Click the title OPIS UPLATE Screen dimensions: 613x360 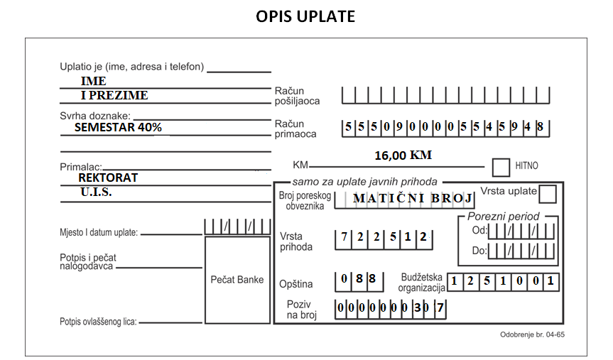coord(305,16)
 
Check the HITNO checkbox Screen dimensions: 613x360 coord(501,168)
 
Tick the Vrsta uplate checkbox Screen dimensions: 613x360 coord(548,194)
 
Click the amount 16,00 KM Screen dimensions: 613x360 coord(403,156)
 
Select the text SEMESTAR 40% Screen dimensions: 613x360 coord(118,127)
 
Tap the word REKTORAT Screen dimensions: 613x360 coord(108,178)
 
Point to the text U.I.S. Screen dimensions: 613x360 coord(96,192)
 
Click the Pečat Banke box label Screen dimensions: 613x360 coord(237,280)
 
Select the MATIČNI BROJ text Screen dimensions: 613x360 coord(413,198)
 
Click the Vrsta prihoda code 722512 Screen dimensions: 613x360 coord(384,237)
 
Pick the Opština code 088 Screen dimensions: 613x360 coord(358,278)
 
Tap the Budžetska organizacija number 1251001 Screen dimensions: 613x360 coord(502,281)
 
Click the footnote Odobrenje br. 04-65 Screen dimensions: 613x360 coord(532,334)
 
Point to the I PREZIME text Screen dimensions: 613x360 coord(114,95)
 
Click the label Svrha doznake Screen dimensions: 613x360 coord(95,116)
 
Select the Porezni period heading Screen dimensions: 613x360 coord(503,217)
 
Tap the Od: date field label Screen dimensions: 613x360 coord(479,230)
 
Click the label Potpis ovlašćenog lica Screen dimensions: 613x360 coord(98,322)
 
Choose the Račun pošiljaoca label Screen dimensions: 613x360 coord(297,96)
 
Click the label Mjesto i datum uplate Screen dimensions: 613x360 coord(99,233)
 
